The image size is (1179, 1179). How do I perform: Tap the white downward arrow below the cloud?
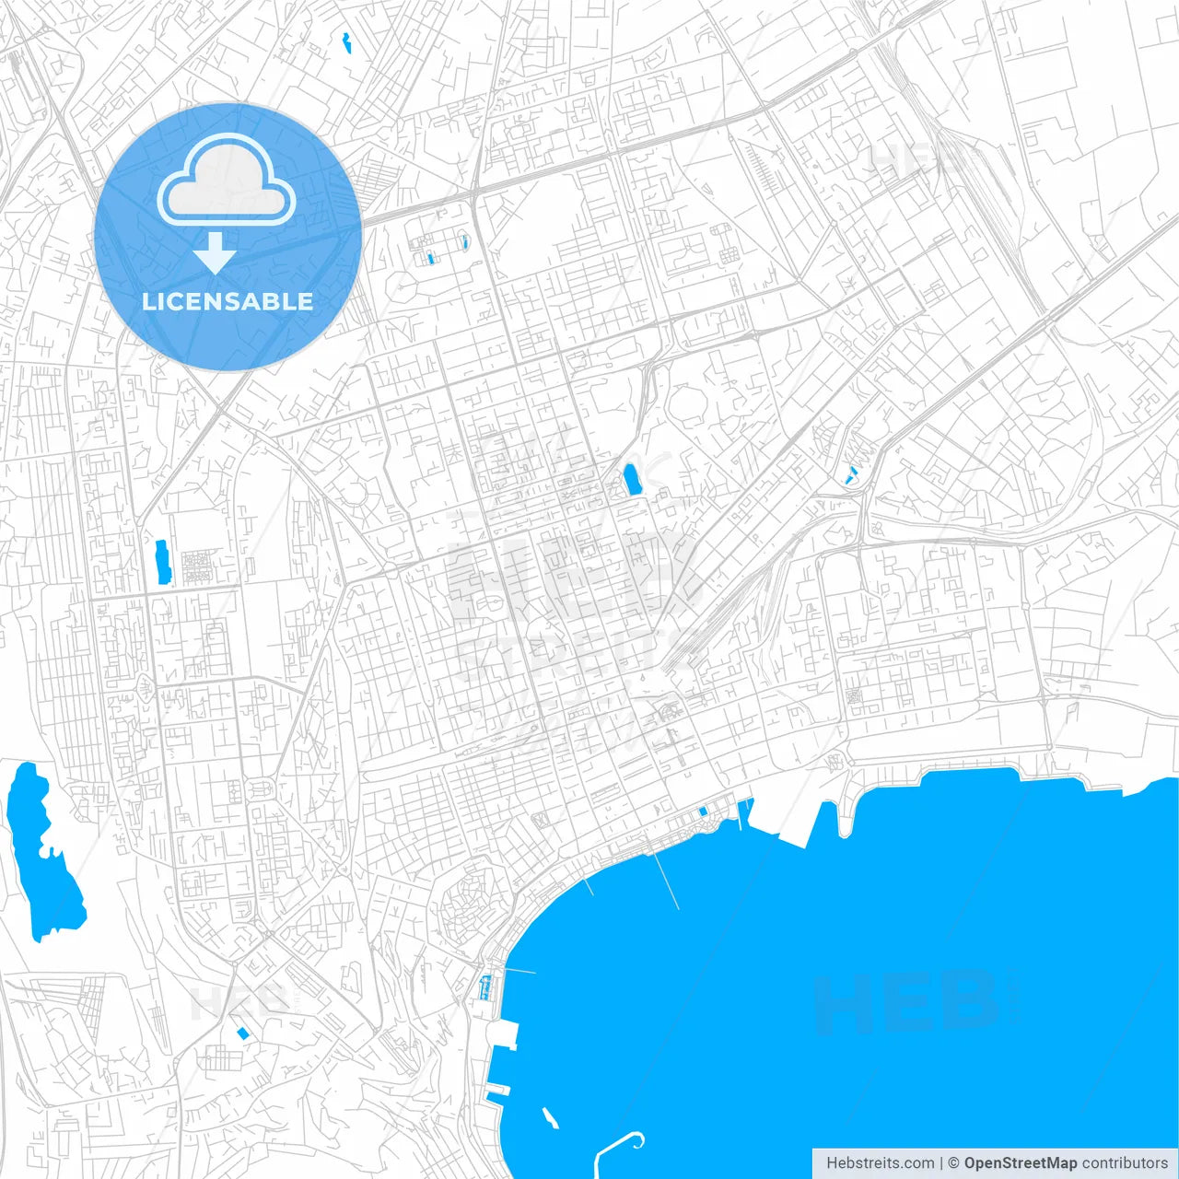tap(215, 252)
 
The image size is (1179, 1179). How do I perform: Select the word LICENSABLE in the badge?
tap(228, 301)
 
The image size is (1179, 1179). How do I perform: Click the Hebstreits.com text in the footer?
tap(880, 1163)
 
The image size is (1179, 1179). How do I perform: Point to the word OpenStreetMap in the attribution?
tap(1021, 1163)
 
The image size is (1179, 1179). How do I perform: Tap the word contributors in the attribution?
tap(1125, 1163)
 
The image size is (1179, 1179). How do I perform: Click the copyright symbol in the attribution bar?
tap(954, 1163)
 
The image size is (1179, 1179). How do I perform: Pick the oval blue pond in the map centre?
tap(632, 480)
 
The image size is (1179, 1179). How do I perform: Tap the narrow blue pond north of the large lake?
tap(163, 562)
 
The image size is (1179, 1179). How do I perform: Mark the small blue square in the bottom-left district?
tap(243, 1033)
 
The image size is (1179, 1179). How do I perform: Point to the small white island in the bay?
tap(550, 1118)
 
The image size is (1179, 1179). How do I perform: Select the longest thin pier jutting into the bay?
tap(667, 880)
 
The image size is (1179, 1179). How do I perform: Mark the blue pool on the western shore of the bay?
tap(484, 988)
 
